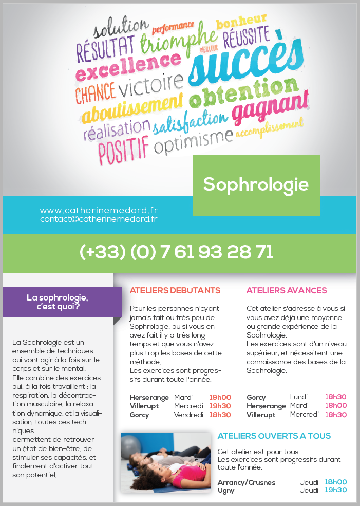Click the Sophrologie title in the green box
(256, 184)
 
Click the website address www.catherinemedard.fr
(99, 210)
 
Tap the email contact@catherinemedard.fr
(99, 219)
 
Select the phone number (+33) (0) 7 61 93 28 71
(176, 252)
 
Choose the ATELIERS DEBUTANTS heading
(175, 290)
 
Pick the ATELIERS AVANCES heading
(287, 290)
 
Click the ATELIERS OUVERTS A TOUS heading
(274, 436)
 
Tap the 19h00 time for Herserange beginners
(220, 397)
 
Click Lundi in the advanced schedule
(299, 397)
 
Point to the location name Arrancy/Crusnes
(247, 482)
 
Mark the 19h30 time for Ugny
(336, 490)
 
